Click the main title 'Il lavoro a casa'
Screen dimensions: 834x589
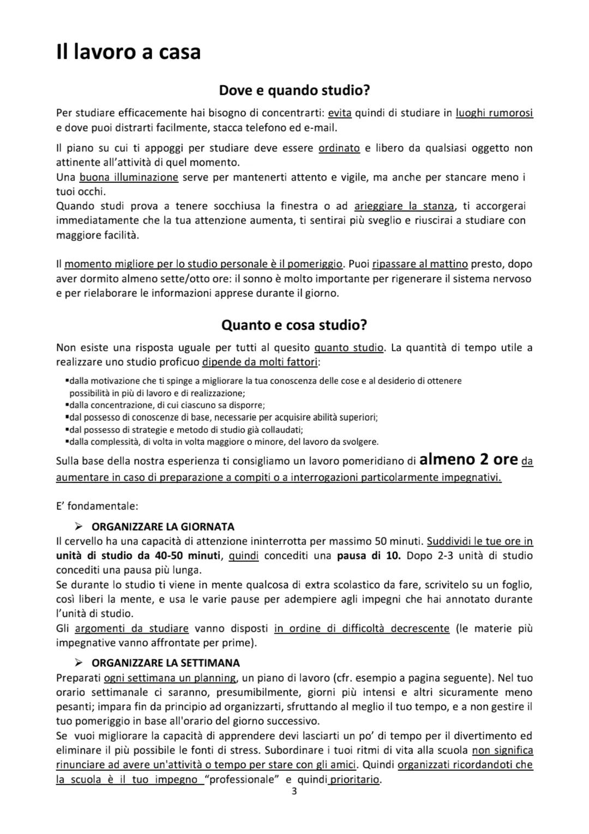click(x=128, y=52)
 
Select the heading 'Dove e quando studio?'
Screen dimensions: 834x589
click(x=294, y=90)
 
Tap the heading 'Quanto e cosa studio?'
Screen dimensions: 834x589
click(x=294, y=325)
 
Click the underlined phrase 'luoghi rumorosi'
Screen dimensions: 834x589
click(x=494, y=114)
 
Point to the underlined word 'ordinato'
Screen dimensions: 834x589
click(x=339, y=148)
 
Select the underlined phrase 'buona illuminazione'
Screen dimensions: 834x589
click(x=129, y=177)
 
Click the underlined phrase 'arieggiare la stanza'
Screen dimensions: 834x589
click(x=404, y=206)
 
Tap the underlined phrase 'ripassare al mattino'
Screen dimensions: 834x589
click(x=420, y=264)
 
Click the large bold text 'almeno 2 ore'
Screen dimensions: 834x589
click(x=468, y=460)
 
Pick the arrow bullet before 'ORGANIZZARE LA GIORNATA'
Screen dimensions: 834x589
click(x=79, y=527)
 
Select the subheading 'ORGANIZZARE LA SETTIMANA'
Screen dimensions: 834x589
click(x=165, y=663)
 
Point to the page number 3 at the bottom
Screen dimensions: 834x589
click(x=294, y=792)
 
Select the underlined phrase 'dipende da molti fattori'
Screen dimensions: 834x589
click(x=261, y=362)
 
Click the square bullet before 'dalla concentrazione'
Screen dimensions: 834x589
click(x=66, y=405)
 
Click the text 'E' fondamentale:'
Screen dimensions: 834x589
click(x=89, y=505)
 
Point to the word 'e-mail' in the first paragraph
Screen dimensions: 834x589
click(x=322, y=128)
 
